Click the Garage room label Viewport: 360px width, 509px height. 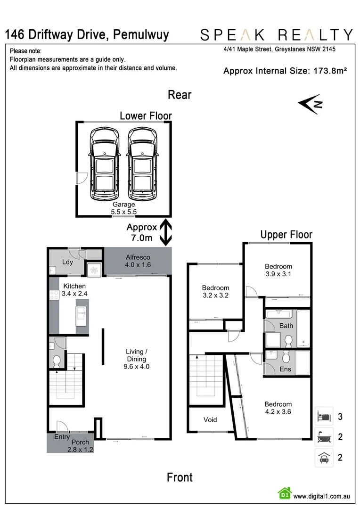pyautogui.click(x=123, y=208)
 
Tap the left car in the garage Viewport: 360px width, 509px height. pyautogui.click(x=105, y=164)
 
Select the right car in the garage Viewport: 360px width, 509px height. pyautogui.click(x=143, y=164)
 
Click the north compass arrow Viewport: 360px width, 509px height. pyautogui.click(x=311, y=104)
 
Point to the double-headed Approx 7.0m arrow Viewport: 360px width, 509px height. pyautogui.click(x=165, y=232)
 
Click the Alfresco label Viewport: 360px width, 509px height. pyautogui.click(x=138, y=261)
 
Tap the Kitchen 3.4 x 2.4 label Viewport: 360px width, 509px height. pyautogui.click(x=75, y=289)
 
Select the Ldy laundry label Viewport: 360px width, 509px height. pyautogui.click(x=67, y=262)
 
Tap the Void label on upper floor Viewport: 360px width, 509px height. pyautogui.click(x=210, y=419)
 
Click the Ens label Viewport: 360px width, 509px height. pyautogui.click(x=286, y=369)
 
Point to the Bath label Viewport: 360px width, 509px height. pyautogui.click(x=286, y=325)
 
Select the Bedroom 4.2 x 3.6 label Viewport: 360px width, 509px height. pyautogui.click(x=278, y=408)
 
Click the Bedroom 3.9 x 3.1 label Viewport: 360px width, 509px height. pyautogui.click(x=278, y=270)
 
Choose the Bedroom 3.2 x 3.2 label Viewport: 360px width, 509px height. pyautogui.click(x=215, y=292)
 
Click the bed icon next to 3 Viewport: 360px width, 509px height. pyautogui.click(x=324, y=417)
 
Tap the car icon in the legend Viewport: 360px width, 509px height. pyautogui.click(x=324, y=458)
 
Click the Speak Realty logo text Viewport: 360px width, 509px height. pyautogui.click(x=277, y=34)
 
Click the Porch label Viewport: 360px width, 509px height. pyautogui.click(x=80, y=443)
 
